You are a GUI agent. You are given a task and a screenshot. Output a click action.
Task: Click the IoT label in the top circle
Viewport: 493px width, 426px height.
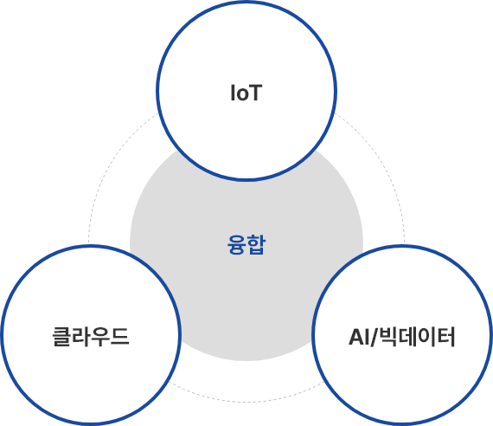point(246,93)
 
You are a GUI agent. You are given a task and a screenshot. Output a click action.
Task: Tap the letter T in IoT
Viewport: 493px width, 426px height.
point(255,93)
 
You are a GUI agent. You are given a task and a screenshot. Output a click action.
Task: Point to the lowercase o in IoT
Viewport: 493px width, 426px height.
point(241,94)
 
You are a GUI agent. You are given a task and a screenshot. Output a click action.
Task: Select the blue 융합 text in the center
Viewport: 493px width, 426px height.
point(246,245)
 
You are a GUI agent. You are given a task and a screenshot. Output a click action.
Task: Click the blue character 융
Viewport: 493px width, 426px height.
point(236,245)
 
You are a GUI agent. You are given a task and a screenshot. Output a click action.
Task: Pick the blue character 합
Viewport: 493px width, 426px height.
point(256,245)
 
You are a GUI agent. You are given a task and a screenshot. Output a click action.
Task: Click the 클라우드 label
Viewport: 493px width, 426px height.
point(91,337)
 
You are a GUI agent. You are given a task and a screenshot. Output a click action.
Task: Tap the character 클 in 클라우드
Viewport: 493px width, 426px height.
point(61,337)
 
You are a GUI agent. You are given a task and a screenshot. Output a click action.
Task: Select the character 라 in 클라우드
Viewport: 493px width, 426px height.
point(81,337)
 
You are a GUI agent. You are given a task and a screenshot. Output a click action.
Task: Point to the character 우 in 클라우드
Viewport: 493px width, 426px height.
point(100,337)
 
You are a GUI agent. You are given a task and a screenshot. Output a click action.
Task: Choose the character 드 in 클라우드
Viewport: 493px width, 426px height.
point(120,336)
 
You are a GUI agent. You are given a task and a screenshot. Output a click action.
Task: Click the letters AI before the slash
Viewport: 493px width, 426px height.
point(359,337)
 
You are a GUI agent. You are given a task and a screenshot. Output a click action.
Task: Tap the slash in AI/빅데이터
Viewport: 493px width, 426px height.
point(375,337)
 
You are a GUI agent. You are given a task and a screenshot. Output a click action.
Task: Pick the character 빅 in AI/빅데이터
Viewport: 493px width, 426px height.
point(388,337)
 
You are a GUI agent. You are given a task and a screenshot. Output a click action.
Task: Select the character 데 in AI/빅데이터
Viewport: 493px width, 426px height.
point(407,337)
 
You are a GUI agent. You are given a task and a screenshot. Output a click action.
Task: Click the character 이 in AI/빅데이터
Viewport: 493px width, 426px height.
point(426,337)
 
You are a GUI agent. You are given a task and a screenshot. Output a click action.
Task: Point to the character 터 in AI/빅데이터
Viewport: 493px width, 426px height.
point(445,337)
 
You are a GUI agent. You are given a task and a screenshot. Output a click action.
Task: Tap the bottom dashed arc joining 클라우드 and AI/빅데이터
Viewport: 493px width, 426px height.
point(246,402)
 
